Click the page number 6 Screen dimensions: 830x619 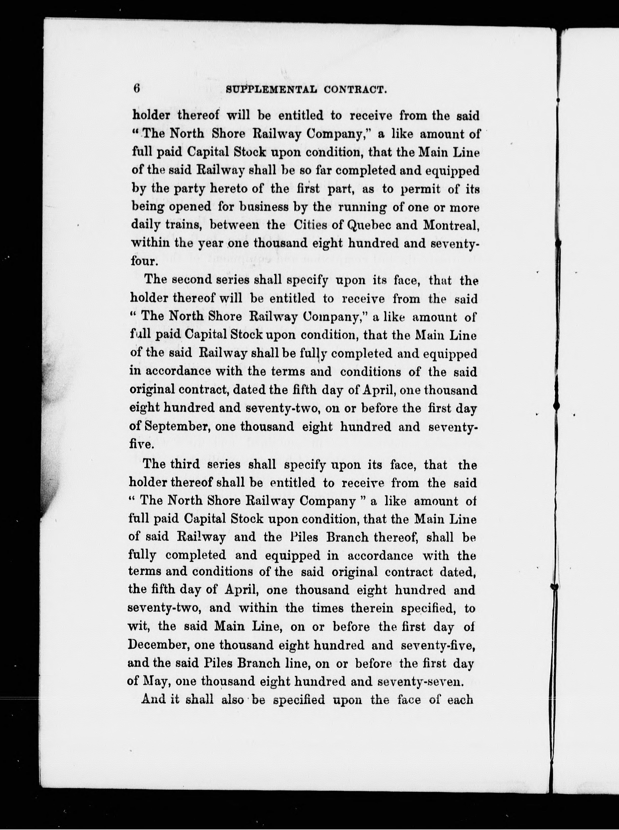pyautogui.click(x=136, y=89)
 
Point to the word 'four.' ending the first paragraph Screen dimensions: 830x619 pyautogui.click(x=143, y=261)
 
